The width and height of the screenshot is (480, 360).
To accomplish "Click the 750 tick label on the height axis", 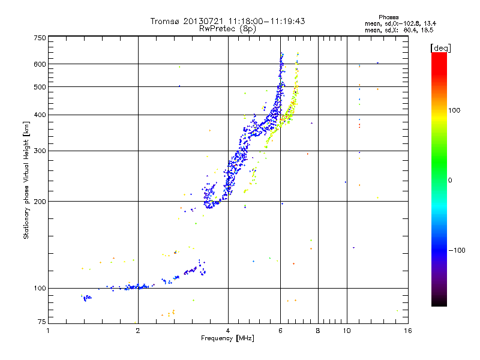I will (x=39, y=37).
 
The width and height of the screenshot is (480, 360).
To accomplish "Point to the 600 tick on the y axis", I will (x=39, y=64).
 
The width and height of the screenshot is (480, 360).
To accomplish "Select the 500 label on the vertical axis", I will (x=39, y=86).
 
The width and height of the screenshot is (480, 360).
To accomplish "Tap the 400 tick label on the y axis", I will (x=39, y=115).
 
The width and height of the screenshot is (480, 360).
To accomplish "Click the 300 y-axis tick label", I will (x=39, y=151).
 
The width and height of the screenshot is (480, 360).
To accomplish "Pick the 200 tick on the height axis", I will (x=39, y=201).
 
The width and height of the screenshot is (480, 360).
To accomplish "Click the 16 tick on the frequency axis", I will (x=407, y=331).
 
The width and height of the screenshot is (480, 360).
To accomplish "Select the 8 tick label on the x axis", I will (x=318, y=331).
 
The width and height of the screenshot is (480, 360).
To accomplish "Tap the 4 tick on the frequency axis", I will (x=228, y=331).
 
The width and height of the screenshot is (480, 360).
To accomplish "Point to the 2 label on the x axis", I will (x=138, y=331).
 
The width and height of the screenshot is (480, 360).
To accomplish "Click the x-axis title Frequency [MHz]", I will (x=227, y=339).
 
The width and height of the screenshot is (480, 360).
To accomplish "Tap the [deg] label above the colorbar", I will (x=441, y=47).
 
